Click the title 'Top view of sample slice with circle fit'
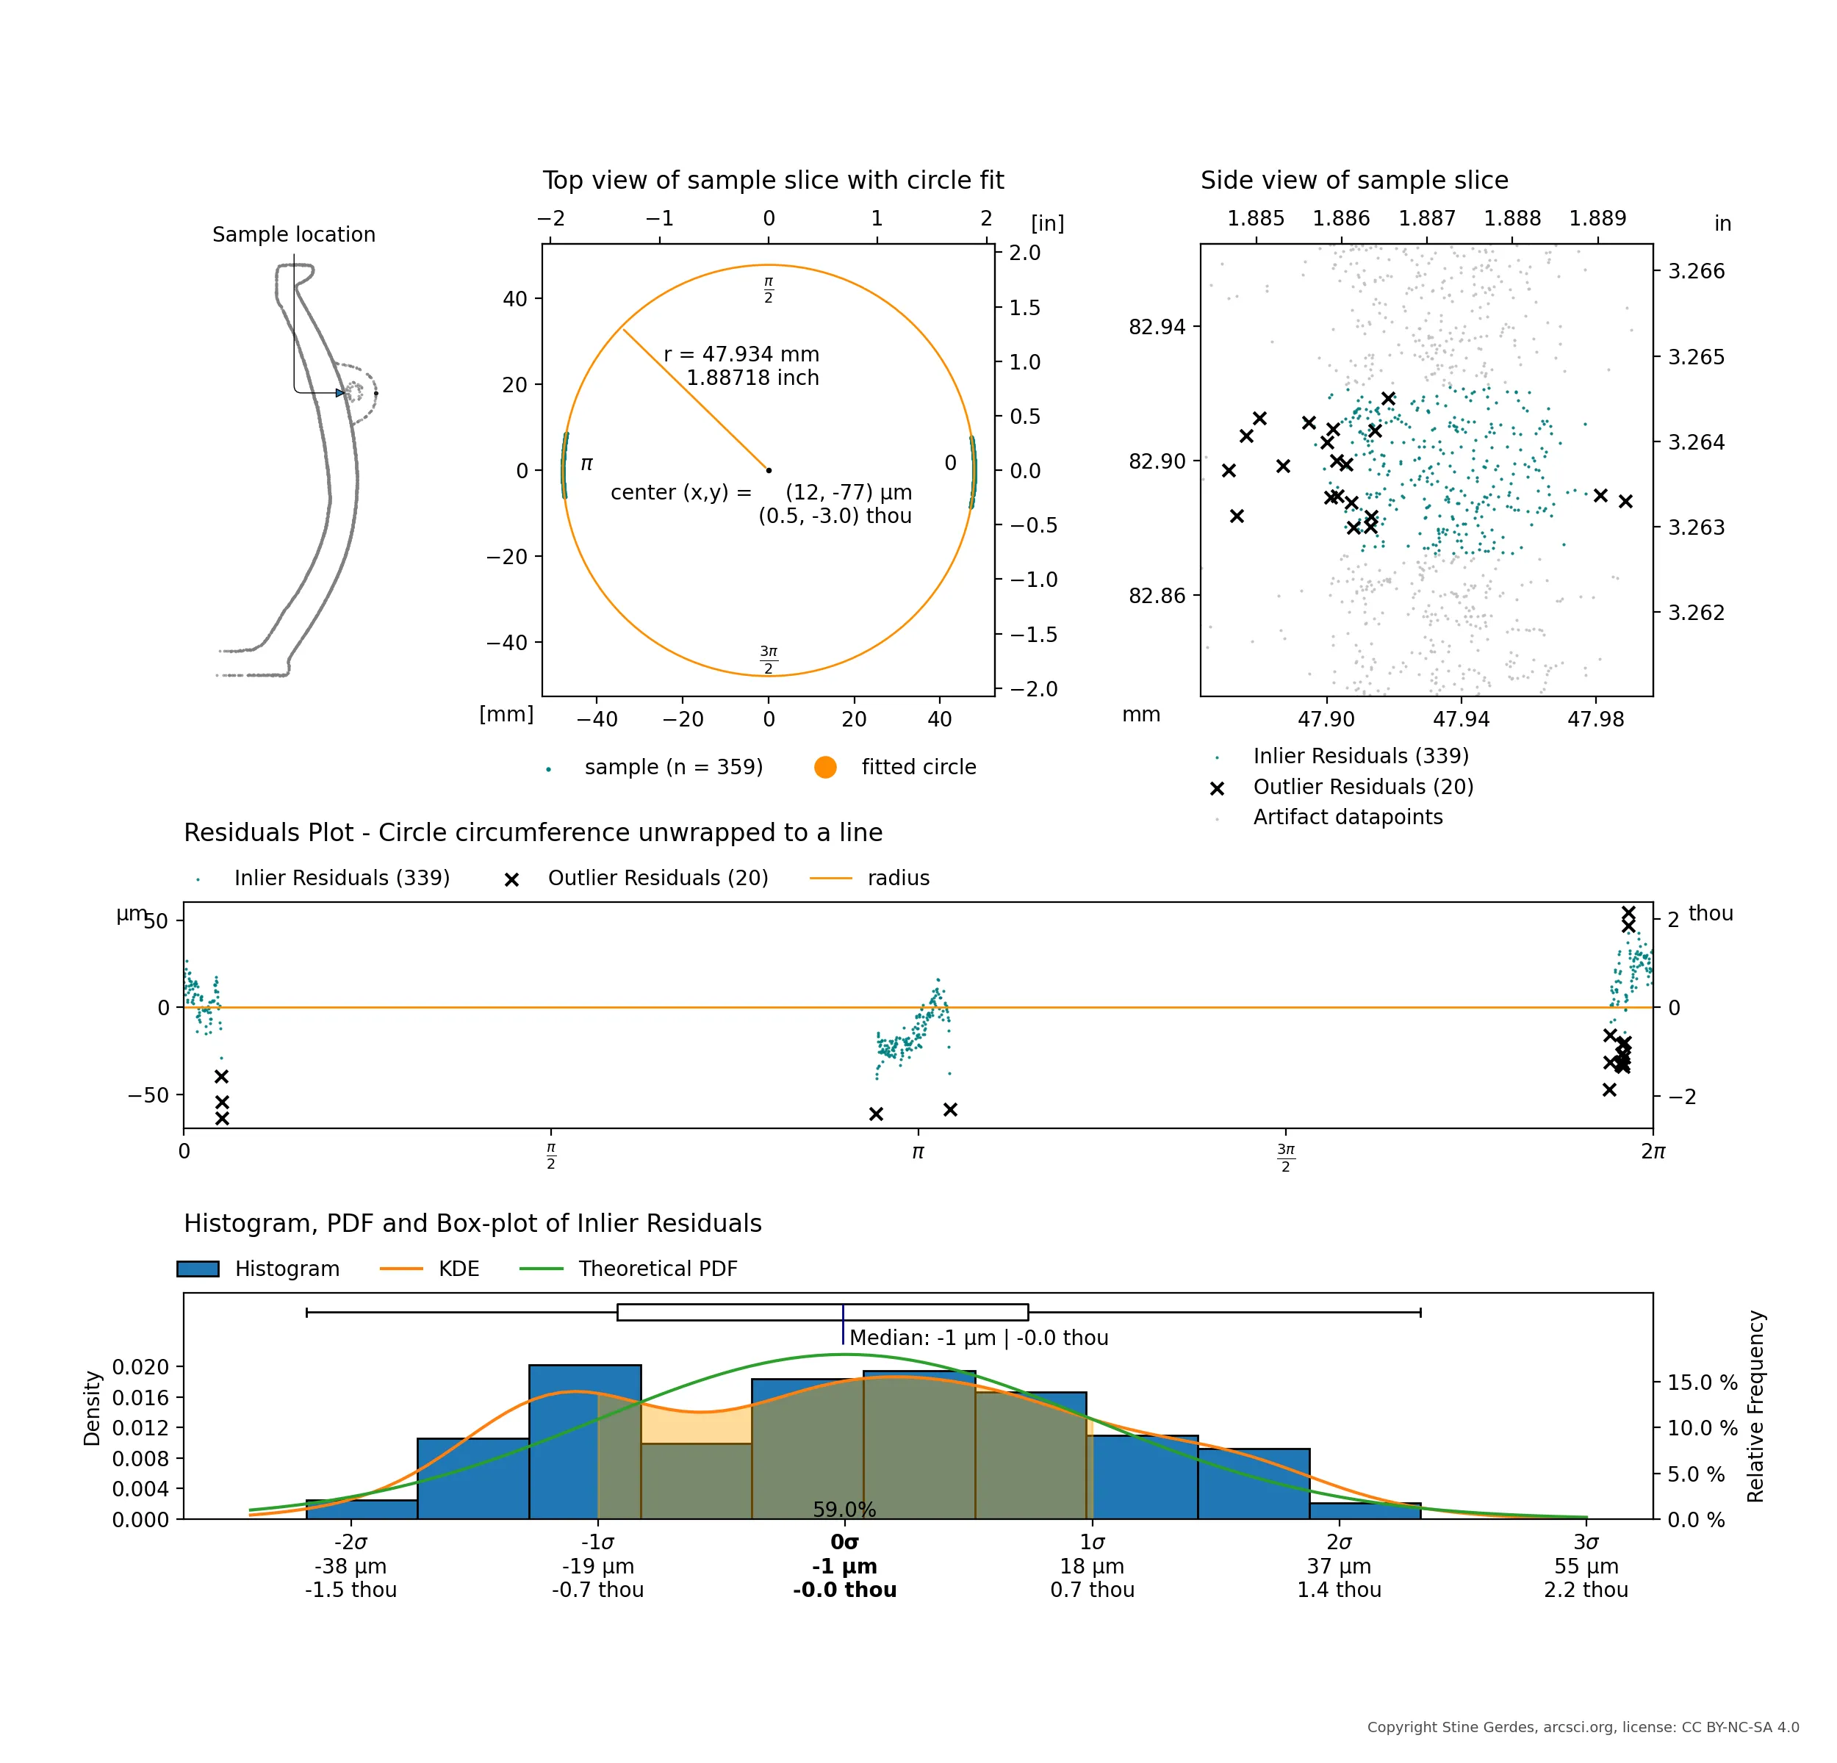click(772, 180)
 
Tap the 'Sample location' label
click(293, 234)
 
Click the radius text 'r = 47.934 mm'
click(741, 354)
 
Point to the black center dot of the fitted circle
click(769, 470)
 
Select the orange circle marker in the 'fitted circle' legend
click(824, 767)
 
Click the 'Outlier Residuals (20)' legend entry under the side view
click(1363, 787)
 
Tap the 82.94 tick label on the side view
click(1157, 327)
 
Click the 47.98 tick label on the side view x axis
click(1595, 718)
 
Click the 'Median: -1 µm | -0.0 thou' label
click(979, 1338)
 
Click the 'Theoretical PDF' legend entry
click(657, 1269)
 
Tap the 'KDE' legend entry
click(459, 1269)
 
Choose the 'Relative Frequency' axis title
click(1755, 1406)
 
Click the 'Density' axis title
click(92, 1408)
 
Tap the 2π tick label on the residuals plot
click(1653, 1151)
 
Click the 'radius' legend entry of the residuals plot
click(898, 878)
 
